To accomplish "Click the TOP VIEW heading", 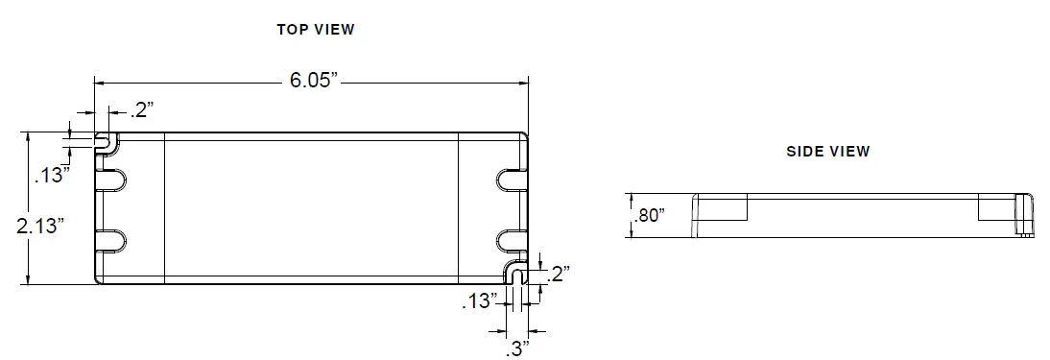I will click(316, 30).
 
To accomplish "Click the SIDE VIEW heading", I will click(827, 151).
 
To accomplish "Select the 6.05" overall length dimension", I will click(316, 82).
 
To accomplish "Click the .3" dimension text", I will click(518, 348).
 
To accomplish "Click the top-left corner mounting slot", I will click(105, 141).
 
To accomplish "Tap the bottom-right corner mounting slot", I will click(517, 275).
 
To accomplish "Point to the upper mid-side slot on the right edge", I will click(511, 180).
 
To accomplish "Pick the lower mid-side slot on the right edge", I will click(511, 240).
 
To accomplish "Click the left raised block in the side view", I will click(721, 208).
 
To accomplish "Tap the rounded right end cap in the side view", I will click(1024, 214).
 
